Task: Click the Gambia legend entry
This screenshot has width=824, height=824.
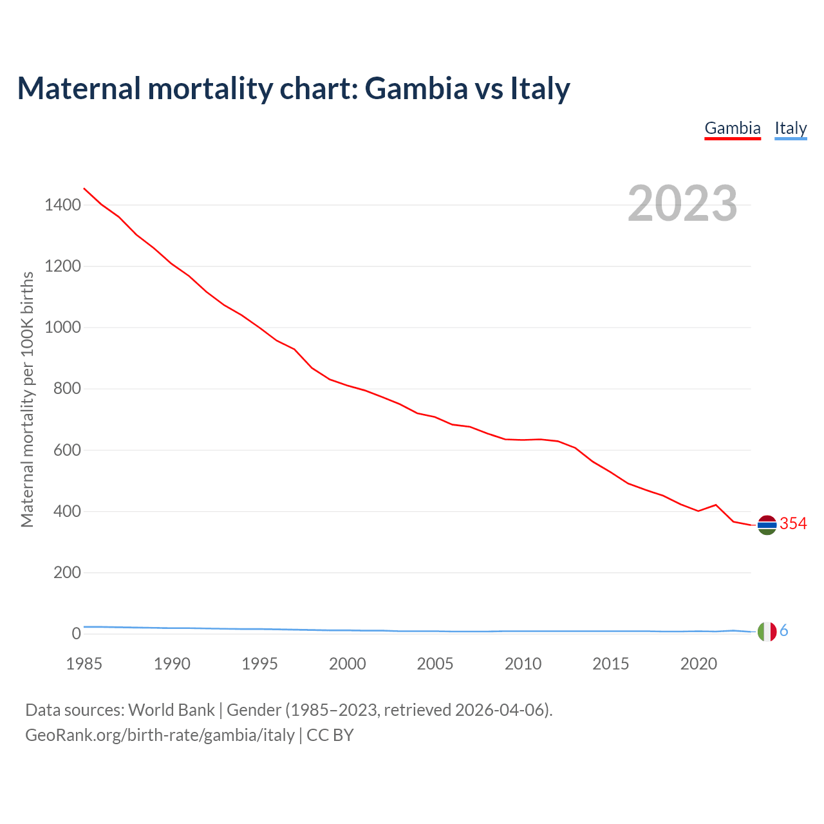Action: pos(733,128)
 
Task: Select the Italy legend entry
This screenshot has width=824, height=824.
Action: pos(791,128)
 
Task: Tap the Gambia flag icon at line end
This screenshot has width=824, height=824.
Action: pos(767,525)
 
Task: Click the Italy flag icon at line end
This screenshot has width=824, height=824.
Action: pos(767,632)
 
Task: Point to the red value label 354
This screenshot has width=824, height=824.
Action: pos(793,524)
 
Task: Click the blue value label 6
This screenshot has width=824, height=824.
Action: pos(784,631)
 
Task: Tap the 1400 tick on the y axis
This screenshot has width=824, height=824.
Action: pos(62,205)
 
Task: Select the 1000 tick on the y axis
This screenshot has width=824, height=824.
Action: pos(62,328)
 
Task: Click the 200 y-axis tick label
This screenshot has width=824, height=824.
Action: pos(67,572)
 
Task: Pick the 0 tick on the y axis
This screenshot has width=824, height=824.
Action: pos(77,633)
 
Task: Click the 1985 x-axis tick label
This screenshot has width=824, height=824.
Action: pos(84,664)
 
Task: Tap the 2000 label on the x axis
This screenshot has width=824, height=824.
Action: pos(348,664)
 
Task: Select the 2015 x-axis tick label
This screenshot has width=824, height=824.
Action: pos(611,664)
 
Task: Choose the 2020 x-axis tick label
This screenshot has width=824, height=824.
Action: pos(698,664)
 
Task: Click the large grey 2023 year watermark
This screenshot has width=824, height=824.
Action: pos(682,203)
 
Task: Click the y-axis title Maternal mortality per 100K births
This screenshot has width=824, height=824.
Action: pos(27,399)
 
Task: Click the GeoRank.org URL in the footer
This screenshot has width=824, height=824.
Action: pos(160,735)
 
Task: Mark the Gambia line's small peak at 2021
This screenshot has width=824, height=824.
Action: pos(716,505)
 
